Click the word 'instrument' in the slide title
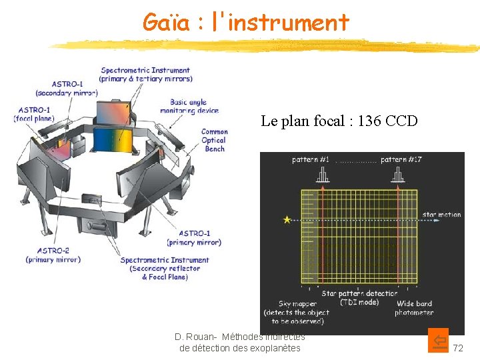pyautogui.click(x=289, y=23)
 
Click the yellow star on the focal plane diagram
pyautogui.click(x=287, y=219)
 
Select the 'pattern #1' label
pyautogui.click(x=311, y=160)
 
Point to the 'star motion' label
pyautogui.click(x=441, y=215)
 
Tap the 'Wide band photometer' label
pyautogui.click(x=413, y=308)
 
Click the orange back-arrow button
pyautogui.click(x=439, y=341)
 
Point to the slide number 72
pyautogui.click(x=458, y=348)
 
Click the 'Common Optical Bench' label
pyautogui.click(x=214, y=140)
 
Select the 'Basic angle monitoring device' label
pyautogui.click(x=189, y=107)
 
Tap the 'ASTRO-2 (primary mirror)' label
pyautogui.click(x=53, y=255)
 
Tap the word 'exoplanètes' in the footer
pyautogui.click(x=273, y=348)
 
